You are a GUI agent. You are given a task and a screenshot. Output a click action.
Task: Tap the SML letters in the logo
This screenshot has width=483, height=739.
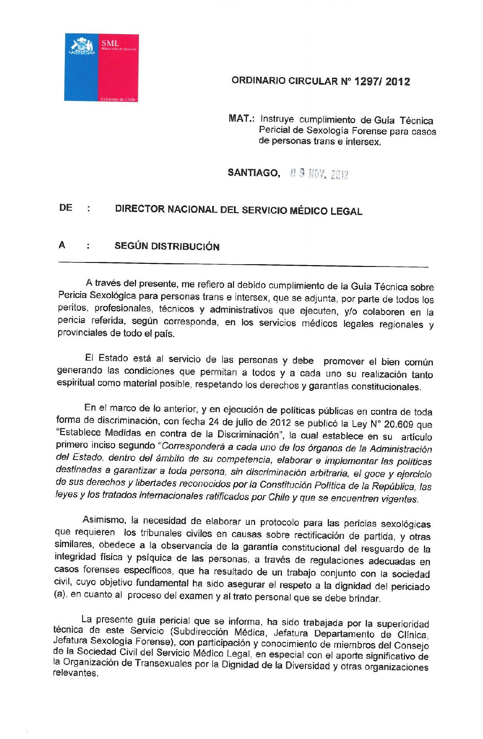pos(110,44)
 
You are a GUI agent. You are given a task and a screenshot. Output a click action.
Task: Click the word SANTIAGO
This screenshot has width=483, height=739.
pos(253,173)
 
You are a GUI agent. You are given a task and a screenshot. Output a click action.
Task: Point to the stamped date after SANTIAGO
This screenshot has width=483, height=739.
pos(319,174)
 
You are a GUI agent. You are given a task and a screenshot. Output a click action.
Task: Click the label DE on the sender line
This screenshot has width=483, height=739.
pos(66,208)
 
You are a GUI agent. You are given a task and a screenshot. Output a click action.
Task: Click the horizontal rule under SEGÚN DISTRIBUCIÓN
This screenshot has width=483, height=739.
pos(243,265)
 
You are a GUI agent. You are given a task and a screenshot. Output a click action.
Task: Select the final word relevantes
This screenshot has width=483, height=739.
pos(75,673)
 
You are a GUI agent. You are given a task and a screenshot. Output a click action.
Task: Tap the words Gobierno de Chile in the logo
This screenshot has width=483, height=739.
pos(118,99)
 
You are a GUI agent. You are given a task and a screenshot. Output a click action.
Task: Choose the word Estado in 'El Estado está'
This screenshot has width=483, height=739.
pos(113,358)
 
